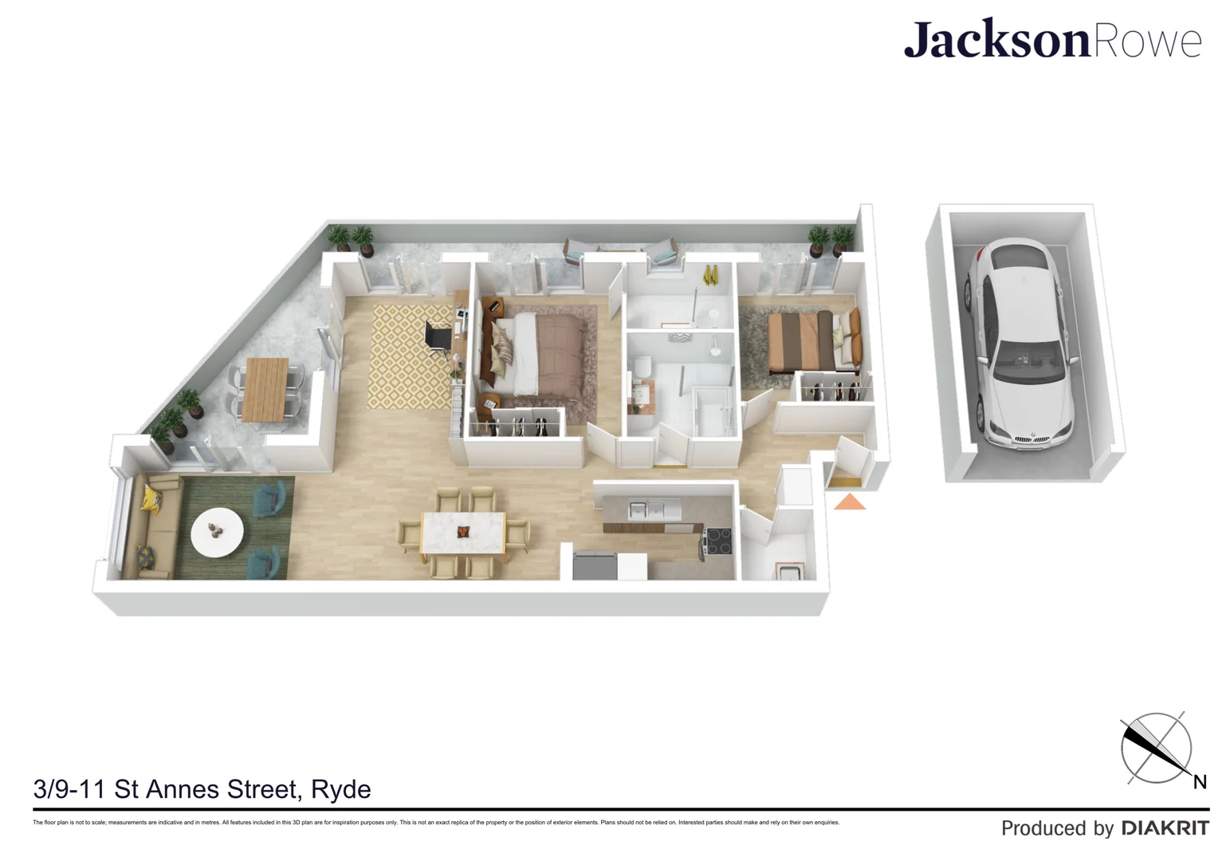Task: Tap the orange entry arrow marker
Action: (850, 501)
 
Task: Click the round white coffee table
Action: (217, 531)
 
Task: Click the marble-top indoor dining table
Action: (463, 532)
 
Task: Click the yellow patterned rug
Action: (411, 356)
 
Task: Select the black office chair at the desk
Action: (438, 336)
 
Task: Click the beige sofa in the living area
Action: (150, 526)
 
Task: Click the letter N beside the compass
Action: (1199, 782)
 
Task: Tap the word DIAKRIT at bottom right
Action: (1165, 828)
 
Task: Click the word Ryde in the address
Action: (340, 789)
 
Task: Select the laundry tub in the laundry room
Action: (788, 571)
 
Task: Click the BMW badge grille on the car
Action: (1024, 438)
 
